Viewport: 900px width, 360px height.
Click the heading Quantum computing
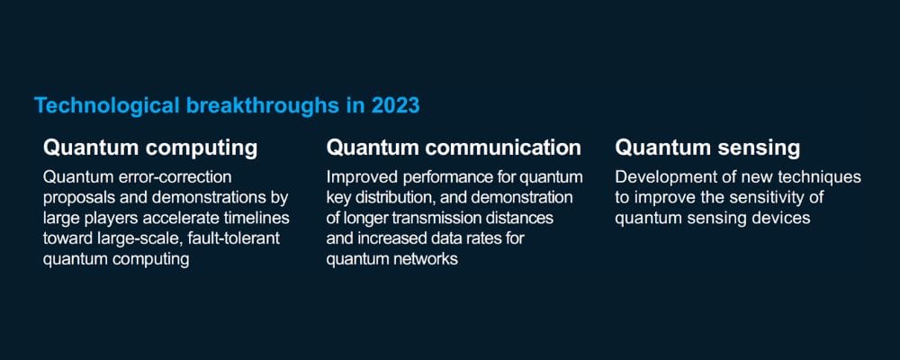pos(150,148)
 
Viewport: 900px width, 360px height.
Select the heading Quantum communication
pos(454,148)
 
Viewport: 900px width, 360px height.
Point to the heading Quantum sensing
pos(707,148)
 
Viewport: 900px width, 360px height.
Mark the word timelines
pos(261,218)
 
